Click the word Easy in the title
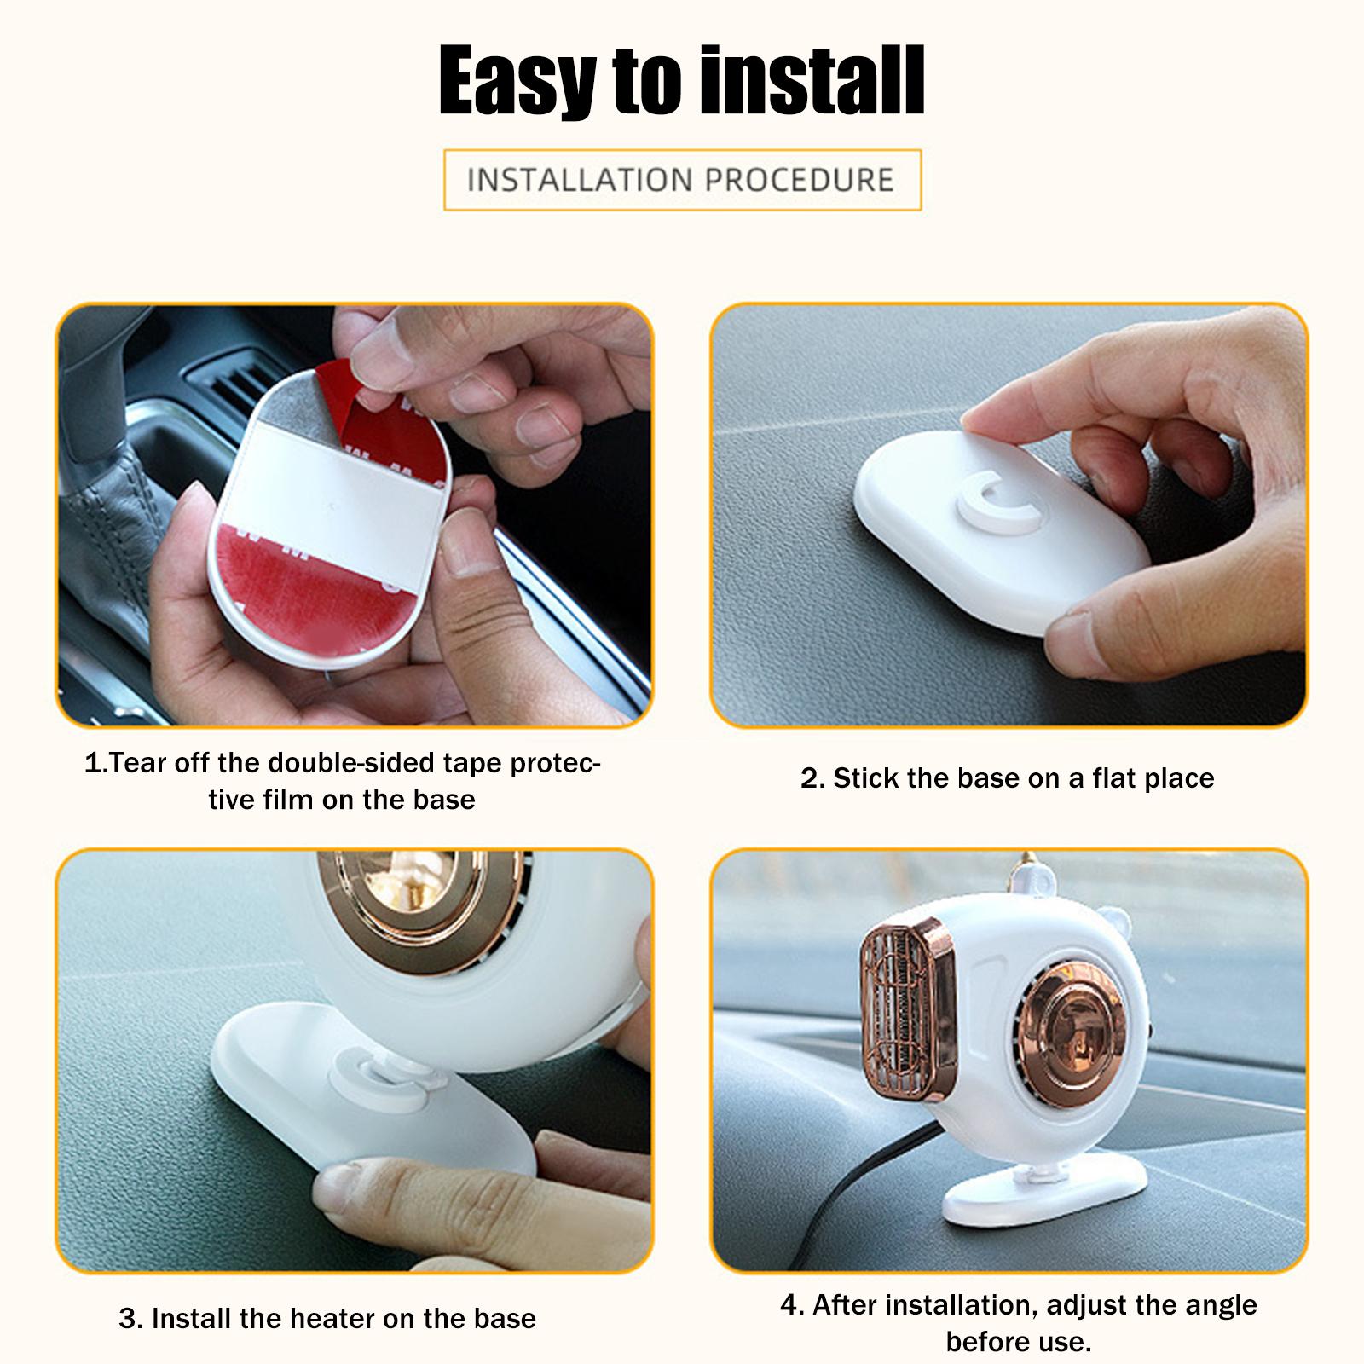(x=519, y=81)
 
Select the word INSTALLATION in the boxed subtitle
(x=579, y=180)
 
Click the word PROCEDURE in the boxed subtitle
(x=800, y=180)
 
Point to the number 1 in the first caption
(x=91, y=763)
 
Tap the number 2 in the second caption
(x=809, y=778)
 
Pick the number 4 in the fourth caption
(x=788, y=1305)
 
